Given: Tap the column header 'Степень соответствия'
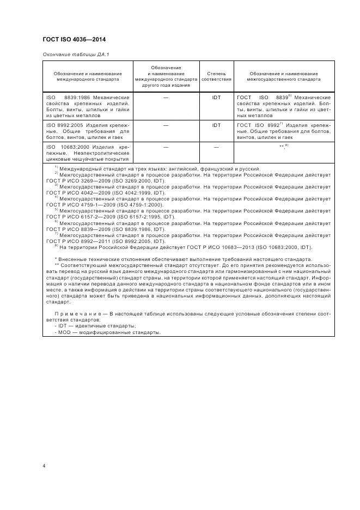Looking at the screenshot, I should tap(216, 76).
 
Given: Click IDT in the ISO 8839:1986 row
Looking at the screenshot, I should tap(216, 98).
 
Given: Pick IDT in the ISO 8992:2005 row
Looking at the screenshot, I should tap(216, 125).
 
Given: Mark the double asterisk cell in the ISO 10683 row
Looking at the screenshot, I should tap(282, 147).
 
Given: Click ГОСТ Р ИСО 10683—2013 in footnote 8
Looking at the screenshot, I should tap(205, 246).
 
